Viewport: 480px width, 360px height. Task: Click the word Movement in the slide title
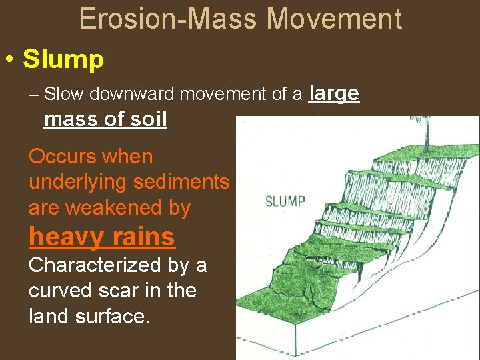(x=335, y=19)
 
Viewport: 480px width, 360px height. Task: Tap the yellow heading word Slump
(x=63, y=60)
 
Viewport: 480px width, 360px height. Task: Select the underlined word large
(x=335, y=94)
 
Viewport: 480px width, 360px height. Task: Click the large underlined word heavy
(x=67, y=237)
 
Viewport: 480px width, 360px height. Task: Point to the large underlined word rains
(x=143, y=237)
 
